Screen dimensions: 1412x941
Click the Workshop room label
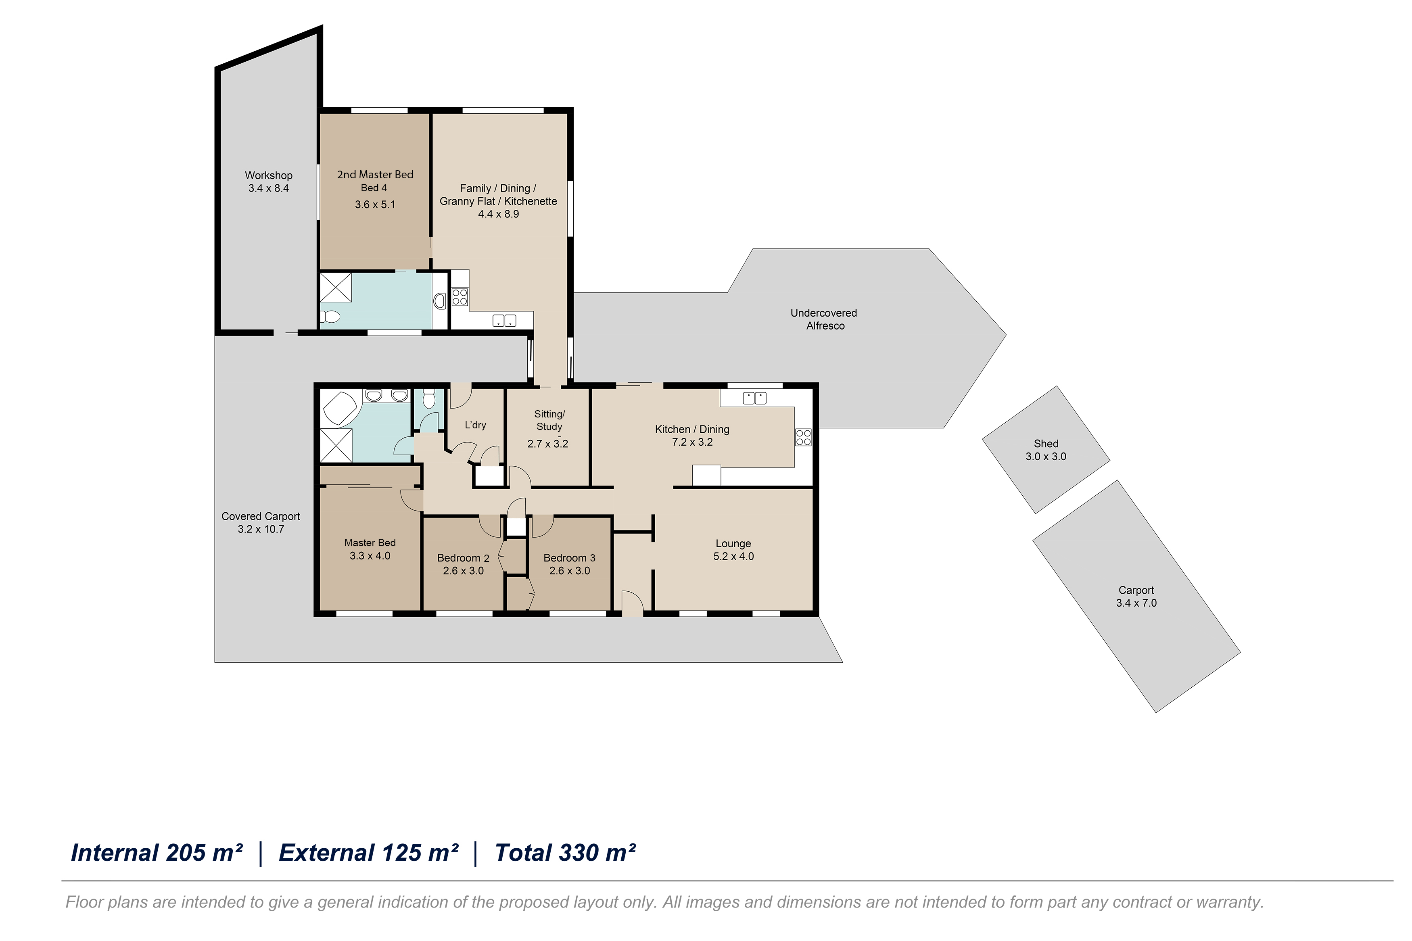point(268,175)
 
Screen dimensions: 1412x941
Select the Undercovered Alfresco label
point(825,319)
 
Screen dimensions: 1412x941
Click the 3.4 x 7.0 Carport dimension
point(1136,603)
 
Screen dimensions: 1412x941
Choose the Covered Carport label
point(261,516)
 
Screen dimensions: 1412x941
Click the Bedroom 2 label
point(463,558)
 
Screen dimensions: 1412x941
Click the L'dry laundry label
point(475,425)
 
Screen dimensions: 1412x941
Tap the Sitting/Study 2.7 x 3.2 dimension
point(547,444)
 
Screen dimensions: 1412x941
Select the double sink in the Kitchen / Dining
point(754,397)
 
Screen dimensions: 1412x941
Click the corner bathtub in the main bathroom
point(340,408)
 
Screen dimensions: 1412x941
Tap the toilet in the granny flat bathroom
point(330,316)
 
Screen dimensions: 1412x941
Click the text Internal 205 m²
point(157,853)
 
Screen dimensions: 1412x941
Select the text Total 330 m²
point(565,853)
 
